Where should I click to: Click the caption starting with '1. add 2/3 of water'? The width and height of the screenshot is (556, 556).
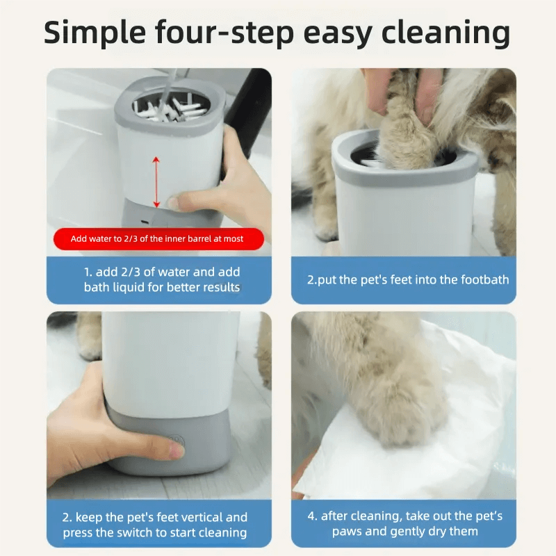(x=161, y=279)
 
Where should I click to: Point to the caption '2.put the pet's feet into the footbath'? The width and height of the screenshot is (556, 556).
(x=408, y=280)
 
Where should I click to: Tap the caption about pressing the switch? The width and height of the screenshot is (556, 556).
(x=155, y=525)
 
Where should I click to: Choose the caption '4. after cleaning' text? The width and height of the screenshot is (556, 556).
(x=404, y=523)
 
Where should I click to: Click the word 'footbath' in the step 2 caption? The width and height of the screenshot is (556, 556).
(x=483, y=280)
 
